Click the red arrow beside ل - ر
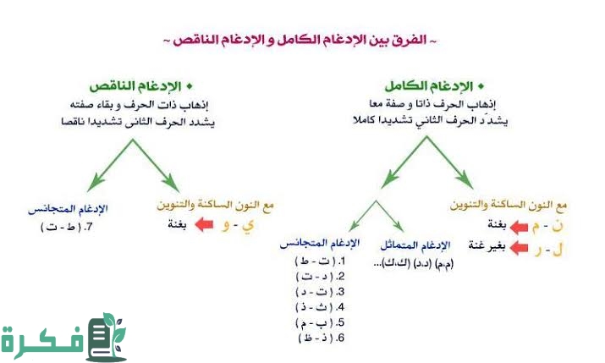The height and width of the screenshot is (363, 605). [519, 246]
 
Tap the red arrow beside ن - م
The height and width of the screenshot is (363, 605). [519, 225]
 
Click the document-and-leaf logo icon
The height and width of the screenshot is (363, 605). [107, 337]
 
